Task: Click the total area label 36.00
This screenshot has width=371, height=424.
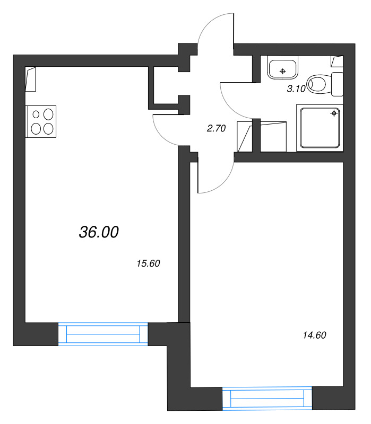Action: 99,232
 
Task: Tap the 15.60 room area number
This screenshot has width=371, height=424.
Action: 149,263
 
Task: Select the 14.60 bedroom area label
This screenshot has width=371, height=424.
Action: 314,335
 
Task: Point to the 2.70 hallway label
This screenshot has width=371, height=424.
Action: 216,128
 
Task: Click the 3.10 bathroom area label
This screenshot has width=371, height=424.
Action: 296,89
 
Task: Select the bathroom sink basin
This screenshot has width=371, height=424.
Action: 282,68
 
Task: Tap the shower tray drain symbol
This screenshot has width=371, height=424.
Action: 334,113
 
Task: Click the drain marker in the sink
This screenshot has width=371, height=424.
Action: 283,72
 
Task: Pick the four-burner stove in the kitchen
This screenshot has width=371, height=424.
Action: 41,121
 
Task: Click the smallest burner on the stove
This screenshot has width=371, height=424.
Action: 36,114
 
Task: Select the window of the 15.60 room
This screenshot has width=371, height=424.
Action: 103,334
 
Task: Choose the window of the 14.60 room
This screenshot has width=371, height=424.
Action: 268,399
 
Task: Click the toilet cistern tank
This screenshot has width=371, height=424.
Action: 338,84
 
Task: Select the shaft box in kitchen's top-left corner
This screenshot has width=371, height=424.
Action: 31,79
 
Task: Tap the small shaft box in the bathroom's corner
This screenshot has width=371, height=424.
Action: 337,61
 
